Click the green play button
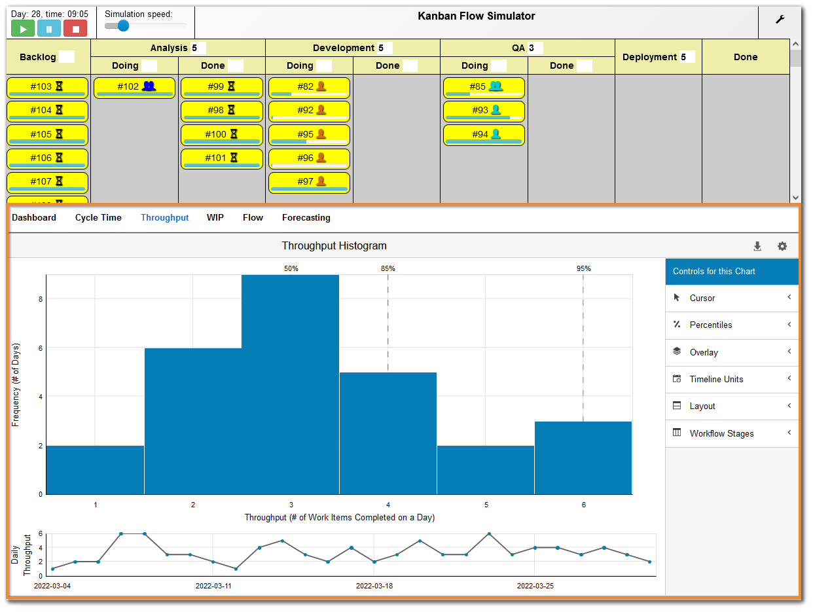click(23, 29)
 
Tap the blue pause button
click(49, 29)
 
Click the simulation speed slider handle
click(123, 26)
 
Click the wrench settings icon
click(780, 20)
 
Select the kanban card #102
click(134, 87)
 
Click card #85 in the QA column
click(484, 87)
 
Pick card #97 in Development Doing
click(309, 182)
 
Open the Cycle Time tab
click(98, 218)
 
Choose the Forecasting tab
click(306, 218)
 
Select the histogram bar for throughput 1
click(95, 469)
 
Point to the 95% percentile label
click(583, 268)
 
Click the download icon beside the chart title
click(757, 247)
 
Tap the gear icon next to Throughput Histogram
click(782, 247)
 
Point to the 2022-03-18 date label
click(374, 586)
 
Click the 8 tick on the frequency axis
click(40, 299)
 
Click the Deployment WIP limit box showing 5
click(687, 57)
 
